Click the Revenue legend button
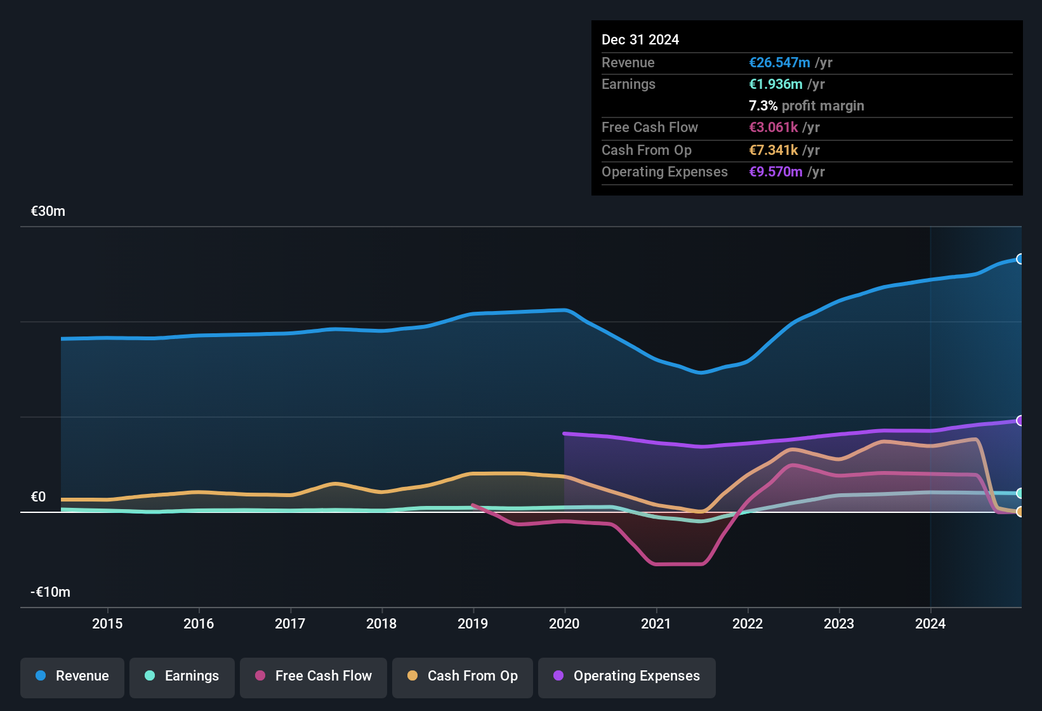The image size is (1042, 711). pyautogui.click(x=72, y=676)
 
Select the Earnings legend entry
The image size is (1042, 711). pyautogui.click(x=182, y=676)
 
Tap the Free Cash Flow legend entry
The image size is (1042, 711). pyautogui.click(x=313, y=676)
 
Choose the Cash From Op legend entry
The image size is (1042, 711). pyautogui.click(x=463, y=676)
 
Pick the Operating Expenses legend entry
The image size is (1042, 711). pyautogui.click(x=627, y=676)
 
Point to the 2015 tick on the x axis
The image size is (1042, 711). pyautogui.click(x=107, y=623)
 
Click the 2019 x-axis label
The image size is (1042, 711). pyautogui.click(x=473, y=623)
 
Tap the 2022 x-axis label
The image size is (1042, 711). pyautogui.click(x=748, y=623)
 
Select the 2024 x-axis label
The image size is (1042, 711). pyautogui.click(x=930, y=623)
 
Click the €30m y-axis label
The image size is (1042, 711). pyautogui.click(x=48, y=211)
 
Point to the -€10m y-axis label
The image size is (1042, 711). pyautogui.click(x=51, y=592)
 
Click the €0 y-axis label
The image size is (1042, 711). pyautogui.click(x=39, y=497)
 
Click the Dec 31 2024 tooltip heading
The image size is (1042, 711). pyautogui.click(x=640, y=39)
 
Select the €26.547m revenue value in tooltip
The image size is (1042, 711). pyautogui.click(x=779, y=62)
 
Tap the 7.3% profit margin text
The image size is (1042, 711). pyautogui.click(x=806, y=105)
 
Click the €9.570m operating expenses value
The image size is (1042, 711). pyautogui.click(x=775, y=171)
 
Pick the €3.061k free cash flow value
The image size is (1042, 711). pyautogui.click(x=774, y=127)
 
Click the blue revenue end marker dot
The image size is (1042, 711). pyautogui.click(x=1020, y=259)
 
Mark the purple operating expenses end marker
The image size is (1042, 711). pyautogui.click(x=1020, y=420)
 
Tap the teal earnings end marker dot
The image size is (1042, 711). pyautogui.click(x=1020, y=493)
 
